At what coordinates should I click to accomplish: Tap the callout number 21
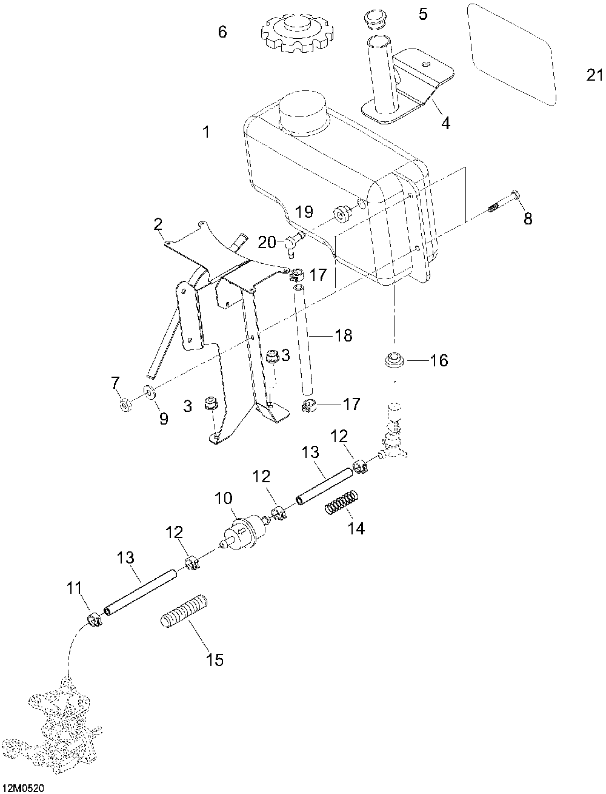[x=595, y=75]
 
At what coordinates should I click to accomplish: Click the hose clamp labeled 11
[x=94, y=620]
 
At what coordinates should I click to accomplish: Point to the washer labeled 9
[x=150, y=393]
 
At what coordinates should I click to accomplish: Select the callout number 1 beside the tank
[x=207, y=131]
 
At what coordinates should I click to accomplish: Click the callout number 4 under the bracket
[x=445, y=123]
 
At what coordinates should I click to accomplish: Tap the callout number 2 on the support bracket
[x=158, y=225]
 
